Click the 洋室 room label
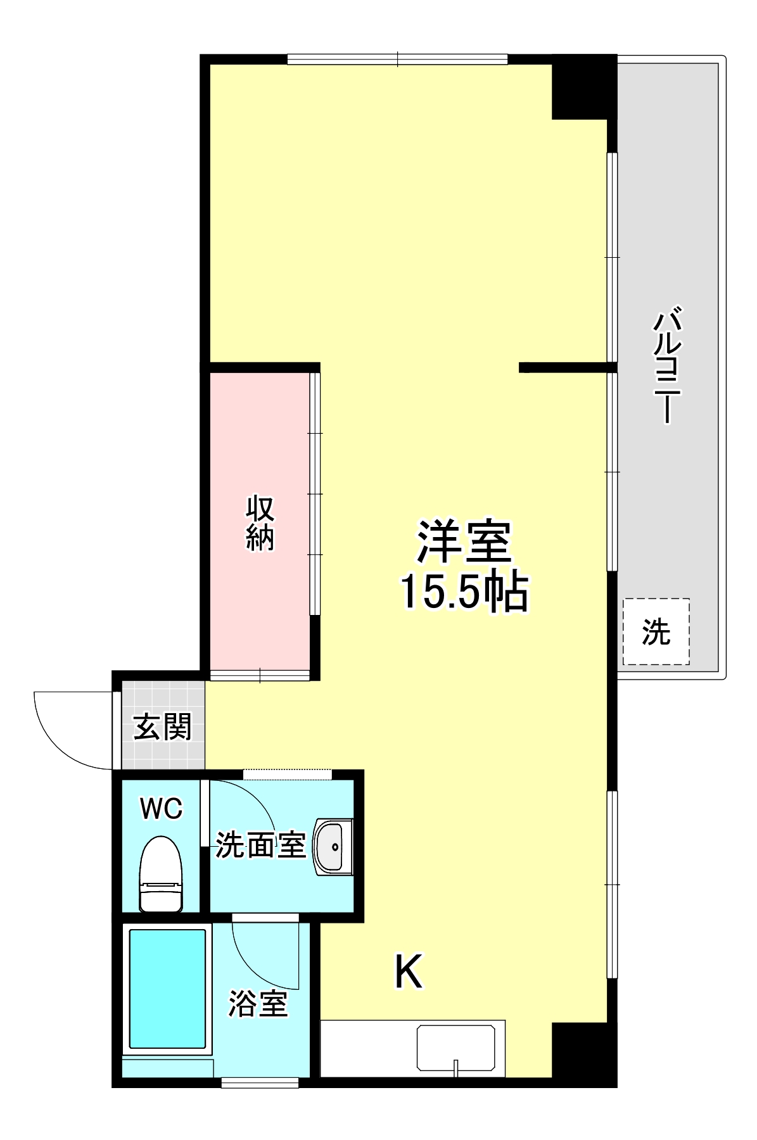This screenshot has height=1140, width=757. point(463,541)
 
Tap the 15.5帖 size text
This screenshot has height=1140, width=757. point(463,592)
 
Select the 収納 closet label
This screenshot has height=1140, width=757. point(260,522)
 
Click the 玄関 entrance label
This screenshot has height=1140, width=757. point(162,726)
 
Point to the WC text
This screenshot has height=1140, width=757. point(161,809)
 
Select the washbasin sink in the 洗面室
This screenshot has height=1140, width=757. point(334,846)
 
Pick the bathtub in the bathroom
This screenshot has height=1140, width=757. point(167,988)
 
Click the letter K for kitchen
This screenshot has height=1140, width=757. point(409,972)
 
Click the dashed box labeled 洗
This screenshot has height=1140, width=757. point(656,631)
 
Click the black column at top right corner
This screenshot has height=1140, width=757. point(583,87)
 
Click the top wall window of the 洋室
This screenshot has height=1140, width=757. point(397,60)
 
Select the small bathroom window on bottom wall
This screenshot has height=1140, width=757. point(260,1083)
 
